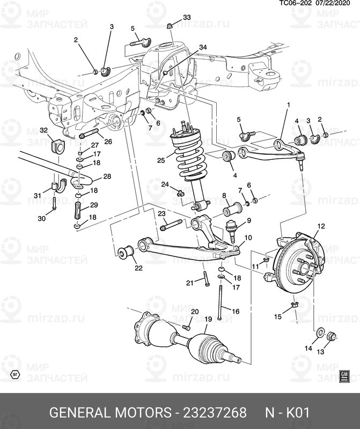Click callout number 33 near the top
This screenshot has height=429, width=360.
pos(186,18)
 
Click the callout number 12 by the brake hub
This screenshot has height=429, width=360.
pos(321,227)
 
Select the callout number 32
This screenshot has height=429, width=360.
pos(43,130)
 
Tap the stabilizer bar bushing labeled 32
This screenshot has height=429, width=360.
pos(56,146)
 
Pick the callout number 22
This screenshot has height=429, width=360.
pos(138,268)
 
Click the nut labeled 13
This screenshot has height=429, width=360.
pos(331,337)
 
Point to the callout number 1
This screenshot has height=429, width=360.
pos(288,105)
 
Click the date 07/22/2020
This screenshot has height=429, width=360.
pos(337,3)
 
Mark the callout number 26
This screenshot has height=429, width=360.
pos(108,142)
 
